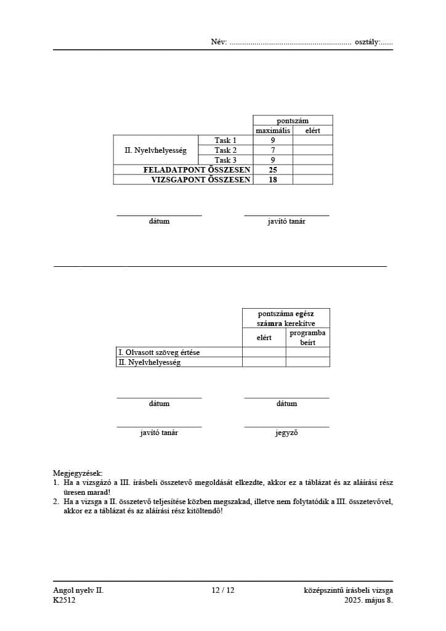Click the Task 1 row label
pyautogui.click(x=225, y=140)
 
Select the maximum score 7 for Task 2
pyautogui.click(x=272, y=150)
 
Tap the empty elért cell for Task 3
pyautogui.click(x=312, y=160)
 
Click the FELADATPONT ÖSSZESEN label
pyautogui.click(x=197, y=169)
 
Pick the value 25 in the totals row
pyautogui.click(x=272, y=169)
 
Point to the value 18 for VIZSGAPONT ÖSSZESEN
pyautogui.click(x=272, y=180)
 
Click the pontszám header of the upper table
pyautogui.click(x=293, y=121)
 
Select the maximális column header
pyautogui.click(x=273, y=131)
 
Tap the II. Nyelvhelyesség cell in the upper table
pyautogui.click(x=155, y=150)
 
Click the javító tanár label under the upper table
pyautogui.click(x=286, y=221)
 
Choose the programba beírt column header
pyautogui.click(x=307, y=337)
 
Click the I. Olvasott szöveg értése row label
pyautogui.click(x=159, y=352)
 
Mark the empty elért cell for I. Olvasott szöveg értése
pyautogui.click(x=264, y=352)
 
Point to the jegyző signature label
pyautogui.click(x=286, y=433)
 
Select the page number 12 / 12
pyautogui.click(x=223, y=590)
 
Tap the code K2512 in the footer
pyautogui.click(x=64, y=600)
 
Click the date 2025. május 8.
pyautogui.click(x=368, y=600)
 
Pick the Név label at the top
pyautogui.click(x=219, y=43)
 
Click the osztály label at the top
pyautogui.click(x=367, y=43)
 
